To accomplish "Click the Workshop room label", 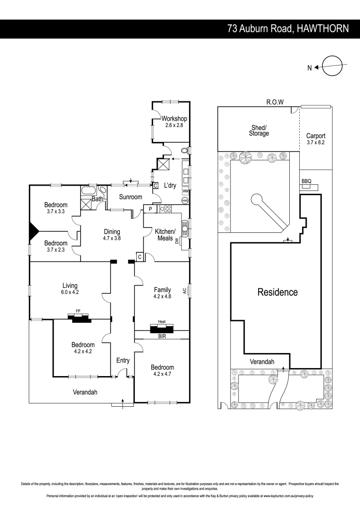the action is tap(174, 119).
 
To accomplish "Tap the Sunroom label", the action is tap(131, 197).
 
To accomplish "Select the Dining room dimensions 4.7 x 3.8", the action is tap(112, 238).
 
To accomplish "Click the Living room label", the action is tap(70, 286).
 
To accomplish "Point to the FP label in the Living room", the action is tap(78, 311).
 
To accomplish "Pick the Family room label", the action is tap(162, 290).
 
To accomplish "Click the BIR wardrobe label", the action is tap(162, 337).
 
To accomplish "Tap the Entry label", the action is tap(123, 361).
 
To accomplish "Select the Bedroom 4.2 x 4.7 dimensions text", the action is tap(162, 374).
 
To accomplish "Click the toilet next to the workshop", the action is tap(185, 151).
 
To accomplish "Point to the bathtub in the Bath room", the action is tap(88, 190).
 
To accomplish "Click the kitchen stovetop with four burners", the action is tap(165, 209).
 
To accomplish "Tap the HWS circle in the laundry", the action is tap(185, 201).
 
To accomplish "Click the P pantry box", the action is tap(150, 209).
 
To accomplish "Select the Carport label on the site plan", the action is tap(316, 136).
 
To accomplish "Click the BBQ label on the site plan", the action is tap(306, 181).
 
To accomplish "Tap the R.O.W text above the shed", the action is tap(275, 102).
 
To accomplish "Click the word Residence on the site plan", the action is tap(278, 292).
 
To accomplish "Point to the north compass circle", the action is tap(333, 66).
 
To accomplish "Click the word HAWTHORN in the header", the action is tap(323, 29).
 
